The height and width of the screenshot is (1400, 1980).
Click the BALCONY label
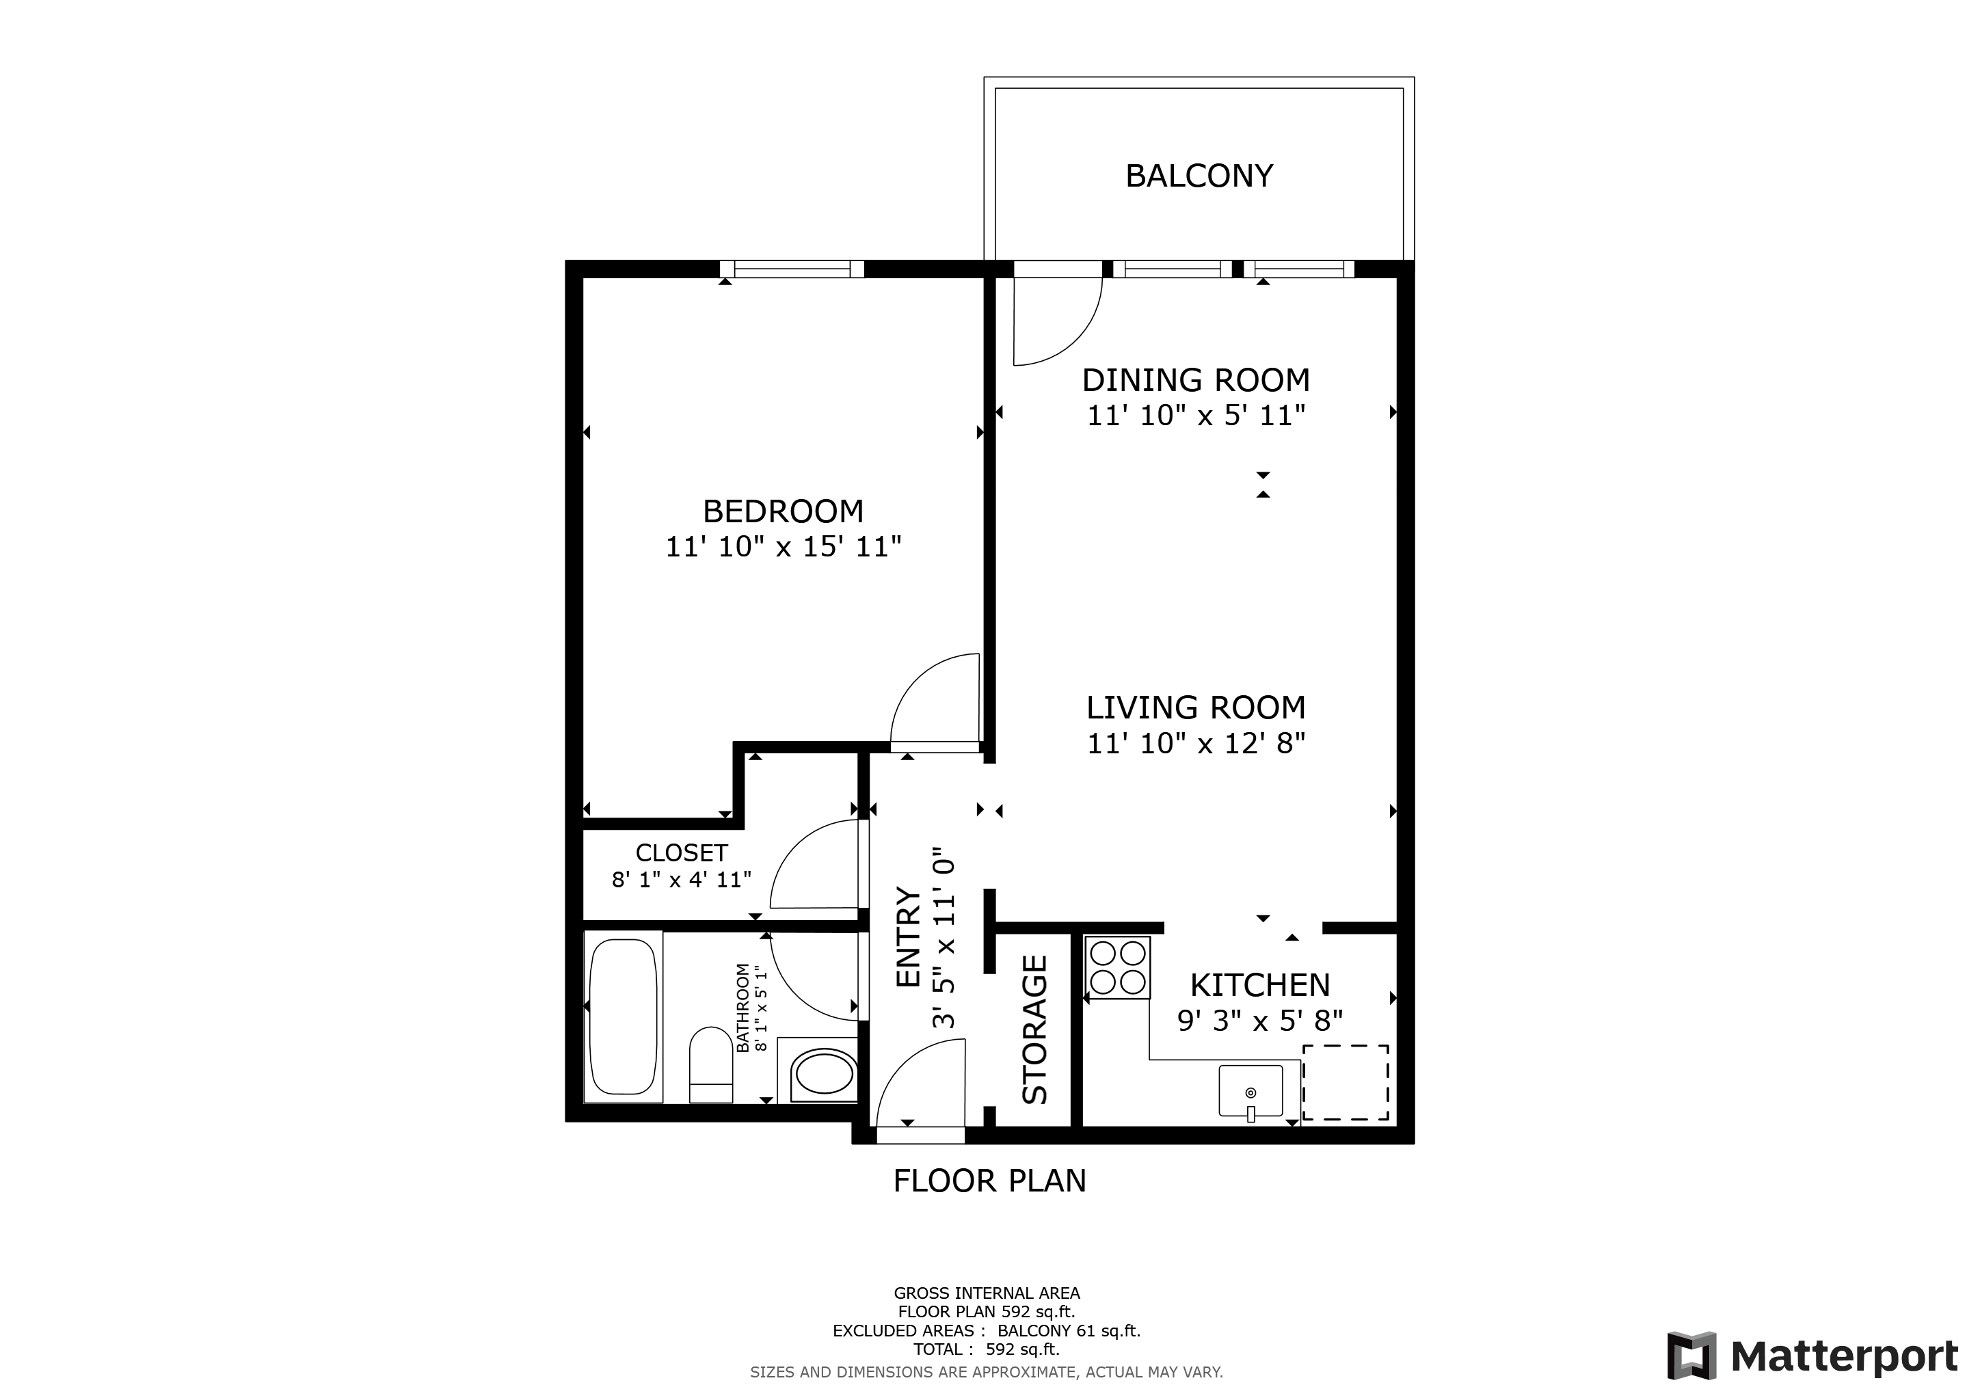(1199, 176)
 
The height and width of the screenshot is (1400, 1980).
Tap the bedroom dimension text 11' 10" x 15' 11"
(783, 548)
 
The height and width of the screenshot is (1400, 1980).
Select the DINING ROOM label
(1195, 380)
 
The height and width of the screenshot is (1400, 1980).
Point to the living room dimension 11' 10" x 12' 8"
(1195, 743)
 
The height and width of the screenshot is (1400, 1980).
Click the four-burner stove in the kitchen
(1118, 968)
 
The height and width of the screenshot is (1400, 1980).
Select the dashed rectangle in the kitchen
(1346, 1083)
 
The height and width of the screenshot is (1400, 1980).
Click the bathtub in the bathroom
(623, 1016)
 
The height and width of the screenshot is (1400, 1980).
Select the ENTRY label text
(909, 937)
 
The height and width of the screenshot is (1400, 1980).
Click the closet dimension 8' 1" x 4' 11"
(681, 880)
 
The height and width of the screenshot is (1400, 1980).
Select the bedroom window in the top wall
(792, 269)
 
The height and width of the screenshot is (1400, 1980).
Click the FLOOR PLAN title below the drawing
(989, 1181)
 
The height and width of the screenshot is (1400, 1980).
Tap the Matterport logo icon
(1691, 1356)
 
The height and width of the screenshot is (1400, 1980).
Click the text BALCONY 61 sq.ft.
(1069, 1331)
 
